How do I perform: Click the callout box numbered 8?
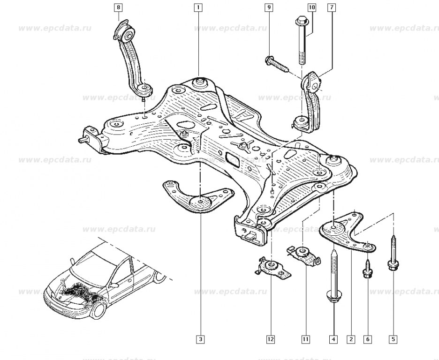118,7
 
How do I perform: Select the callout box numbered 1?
198,7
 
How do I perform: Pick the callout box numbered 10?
311,7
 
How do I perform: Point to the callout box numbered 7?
332,7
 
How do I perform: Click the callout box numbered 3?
200,339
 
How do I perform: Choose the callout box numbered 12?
271,339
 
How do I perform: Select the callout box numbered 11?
305,339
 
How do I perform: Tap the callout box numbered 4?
333,339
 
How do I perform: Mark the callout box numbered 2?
351,339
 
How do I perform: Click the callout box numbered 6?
368,339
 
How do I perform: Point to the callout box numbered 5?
393,339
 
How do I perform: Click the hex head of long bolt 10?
302,21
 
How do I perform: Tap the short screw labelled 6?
368,269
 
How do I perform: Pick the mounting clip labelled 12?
272,268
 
